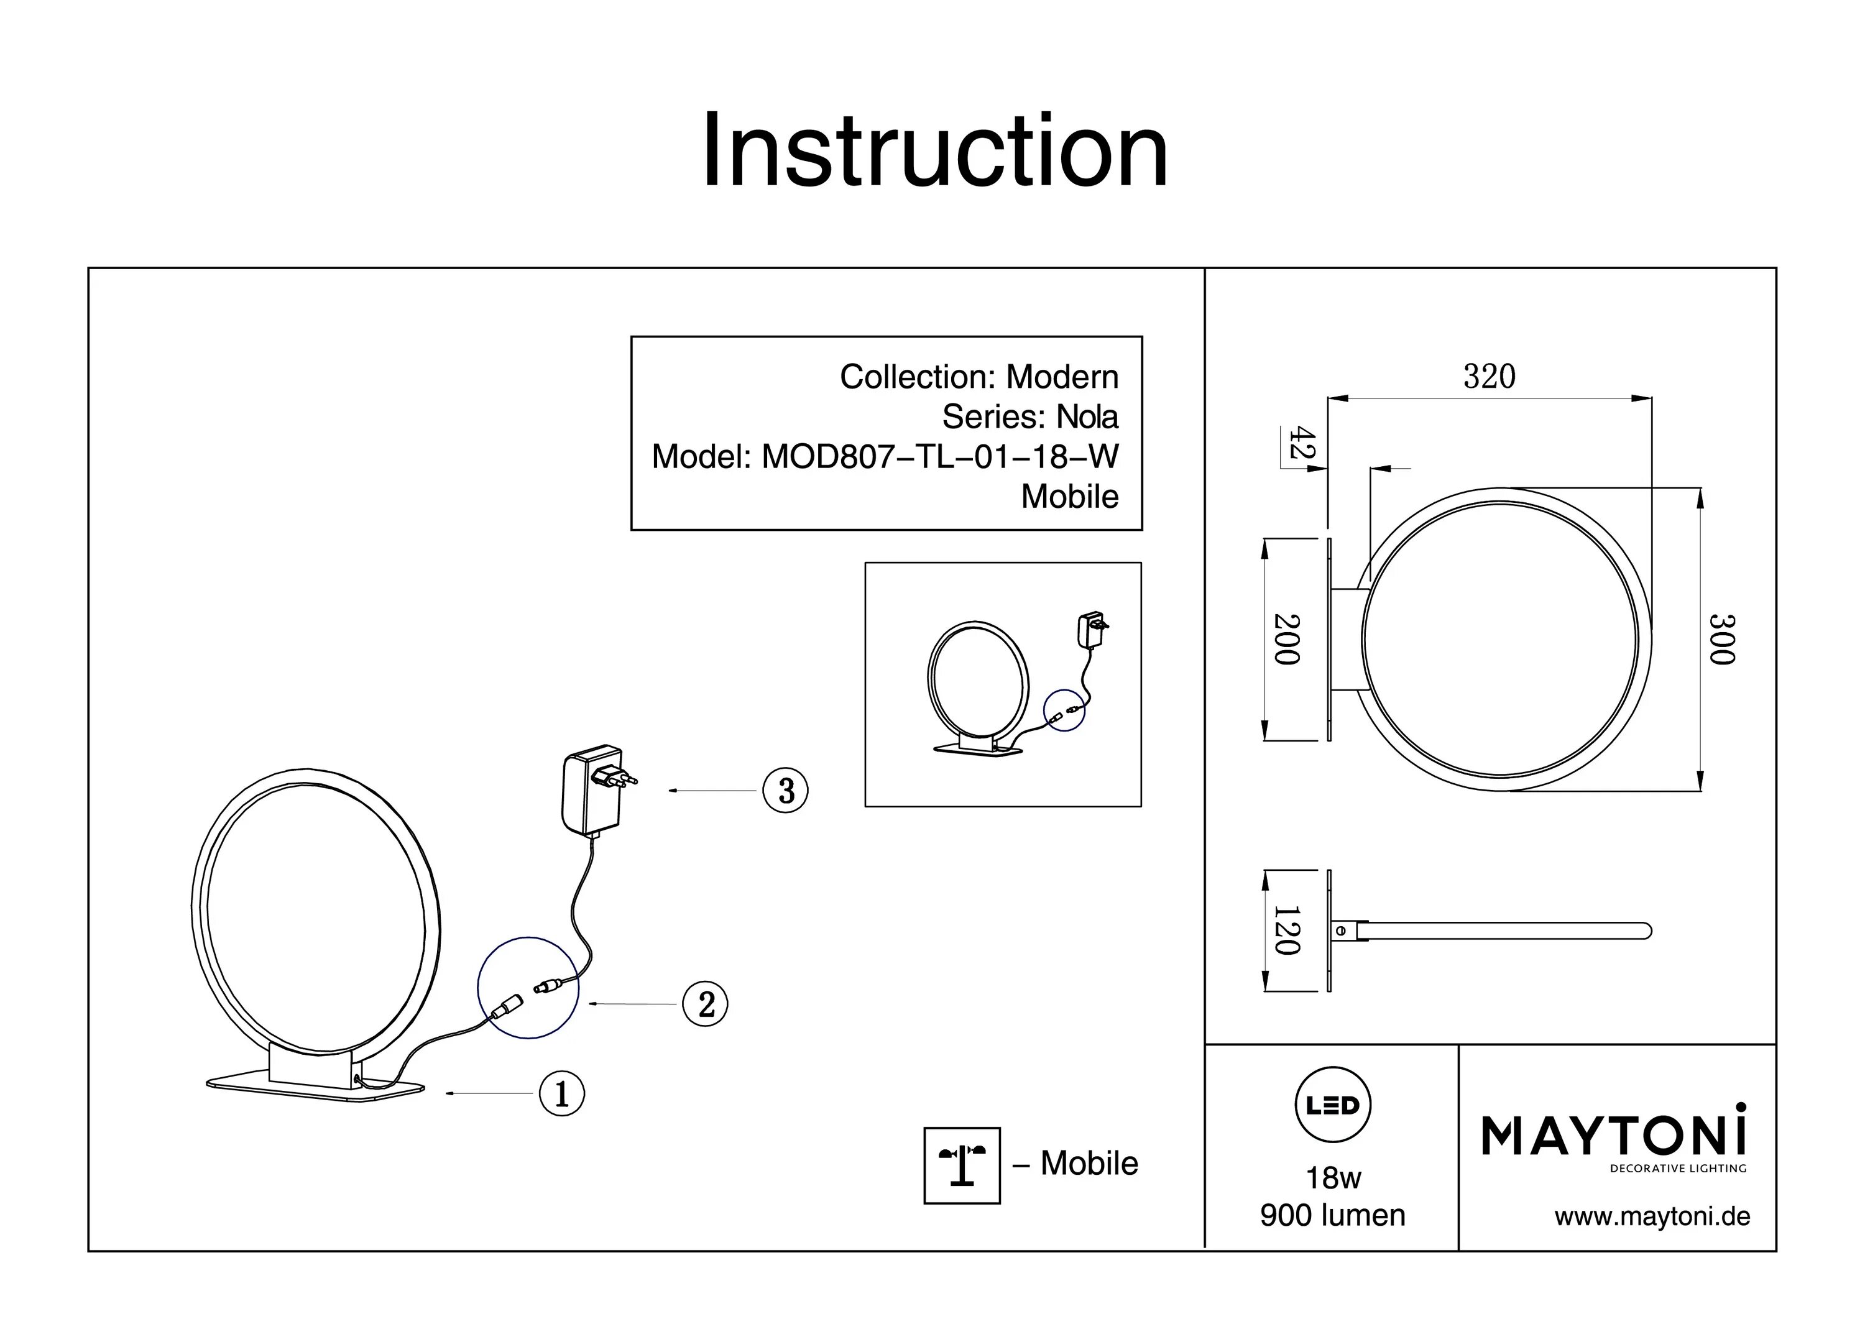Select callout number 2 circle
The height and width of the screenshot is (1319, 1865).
click(705, 1004)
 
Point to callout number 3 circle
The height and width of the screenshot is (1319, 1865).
click(786, 790)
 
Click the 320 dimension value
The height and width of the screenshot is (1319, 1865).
click(1489, 376)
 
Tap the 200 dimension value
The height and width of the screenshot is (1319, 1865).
click(1287, 638)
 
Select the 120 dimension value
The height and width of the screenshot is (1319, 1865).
click(1287, 931)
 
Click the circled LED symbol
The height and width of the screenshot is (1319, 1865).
click(1332, 1105)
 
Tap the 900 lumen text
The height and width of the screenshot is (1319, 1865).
click(1333, 1216)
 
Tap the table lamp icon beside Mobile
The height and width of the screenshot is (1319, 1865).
click(962, 1165)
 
